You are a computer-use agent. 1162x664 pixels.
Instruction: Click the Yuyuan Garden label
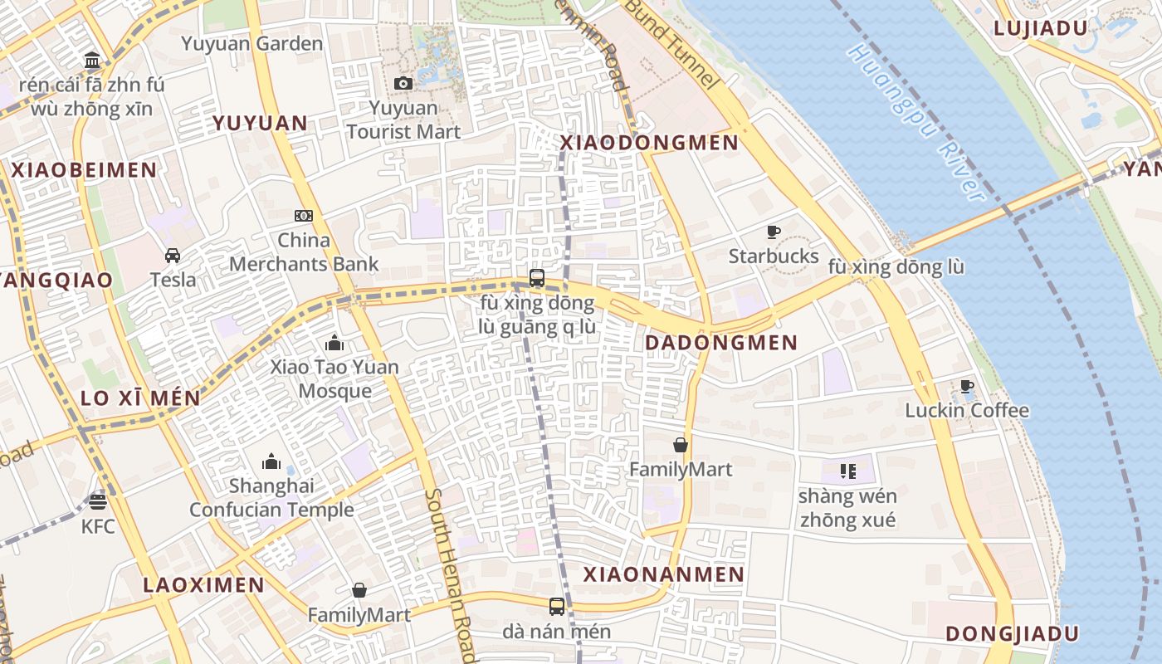(251, 44)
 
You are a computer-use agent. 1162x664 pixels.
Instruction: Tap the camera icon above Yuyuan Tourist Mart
(403, 83)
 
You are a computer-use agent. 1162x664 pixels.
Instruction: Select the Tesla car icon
(173, 256)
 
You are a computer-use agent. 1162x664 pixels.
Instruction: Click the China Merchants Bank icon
(304, 216)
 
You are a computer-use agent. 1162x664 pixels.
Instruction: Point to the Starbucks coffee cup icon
(774, 232)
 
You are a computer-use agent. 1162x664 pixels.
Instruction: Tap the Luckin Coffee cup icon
(967, 386)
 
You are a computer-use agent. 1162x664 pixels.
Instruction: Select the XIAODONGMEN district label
(649, 143)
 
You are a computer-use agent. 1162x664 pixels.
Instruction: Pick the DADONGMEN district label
(720, 343)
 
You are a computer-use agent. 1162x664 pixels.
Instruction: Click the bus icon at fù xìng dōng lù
(537, 278)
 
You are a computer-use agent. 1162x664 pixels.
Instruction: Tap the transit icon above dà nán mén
(557, 607)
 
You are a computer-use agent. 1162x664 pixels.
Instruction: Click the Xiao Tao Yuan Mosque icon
(334, 343)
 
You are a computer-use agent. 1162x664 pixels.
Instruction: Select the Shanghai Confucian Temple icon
(271, 461)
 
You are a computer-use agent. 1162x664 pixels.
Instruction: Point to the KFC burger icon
(98, 501)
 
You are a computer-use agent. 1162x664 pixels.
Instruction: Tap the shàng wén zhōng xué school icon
(847, 471)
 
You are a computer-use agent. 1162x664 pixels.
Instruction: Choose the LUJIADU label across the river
(1041, 28)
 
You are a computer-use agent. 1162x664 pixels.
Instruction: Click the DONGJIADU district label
(1012, 634)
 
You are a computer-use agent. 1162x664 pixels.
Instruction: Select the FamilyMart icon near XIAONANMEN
(681, 446)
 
